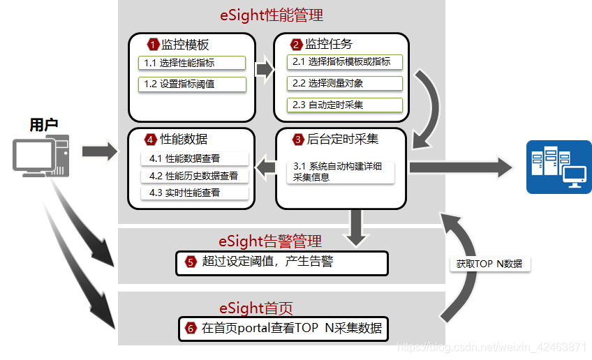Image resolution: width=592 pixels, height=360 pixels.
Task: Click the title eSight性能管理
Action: pyautogui.click(x=272, y=15)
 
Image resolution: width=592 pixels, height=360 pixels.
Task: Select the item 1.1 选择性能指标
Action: pyautogui.click(x=192, y=63)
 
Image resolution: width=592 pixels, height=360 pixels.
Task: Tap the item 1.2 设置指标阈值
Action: pyautogui.click(x=192, y=84)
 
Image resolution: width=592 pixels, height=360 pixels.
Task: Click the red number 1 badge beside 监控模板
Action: pyautogui.click(x=154, y=45)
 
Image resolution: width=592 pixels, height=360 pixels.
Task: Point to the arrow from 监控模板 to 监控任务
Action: pyautogui.click(x=264, y=69)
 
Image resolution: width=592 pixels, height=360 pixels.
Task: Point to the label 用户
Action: pyautogui.click(x=43, y=125)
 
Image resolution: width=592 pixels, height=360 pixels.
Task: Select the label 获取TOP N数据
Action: pyautogui.click(x=489, y=264)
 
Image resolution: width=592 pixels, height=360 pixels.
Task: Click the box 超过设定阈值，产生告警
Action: pyautogui.click(x=282, y=262)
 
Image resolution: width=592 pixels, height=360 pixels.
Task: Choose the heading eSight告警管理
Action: pyautogui.click(x=270, y=241)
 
